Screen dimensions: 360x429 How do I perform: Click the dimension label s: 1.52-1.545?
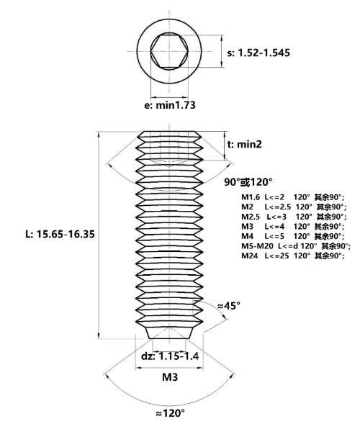point(258,53)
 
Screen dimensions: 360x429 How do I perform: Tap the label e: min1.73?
point(170,105)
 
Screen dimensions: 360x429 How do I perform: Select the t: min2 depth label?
point(245,144)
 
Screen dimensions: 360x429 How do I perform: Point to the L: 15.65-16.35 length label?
point(60,234)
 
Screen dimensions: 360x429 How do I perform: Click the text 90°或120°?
point(248,181)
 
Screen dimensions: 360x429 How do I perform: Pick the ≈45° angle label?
point(229,306)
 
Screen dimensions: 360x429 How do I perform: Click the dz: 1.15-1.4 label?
point(170,356)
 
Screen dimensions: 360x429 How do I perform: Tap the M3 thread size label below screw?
point(170,377)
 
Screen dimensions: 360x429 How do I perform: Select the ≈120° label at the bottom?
point(171,413)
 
